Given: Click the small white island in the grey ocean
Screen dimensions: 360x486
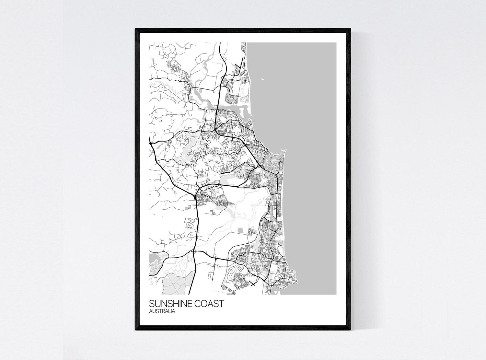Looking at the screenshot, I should click(261, 78).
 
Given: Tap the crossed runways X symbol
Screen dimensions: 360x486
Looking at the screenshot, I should click(253, 284).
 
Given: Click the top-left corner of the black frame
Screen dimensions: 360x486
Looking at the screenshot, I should click(136, 29).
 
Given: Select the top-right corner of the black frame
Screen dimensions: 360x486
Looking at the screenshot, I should click(350, 29).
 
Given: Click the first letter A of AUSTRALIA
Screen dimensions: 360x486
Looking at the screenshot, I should click(151, 311).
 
